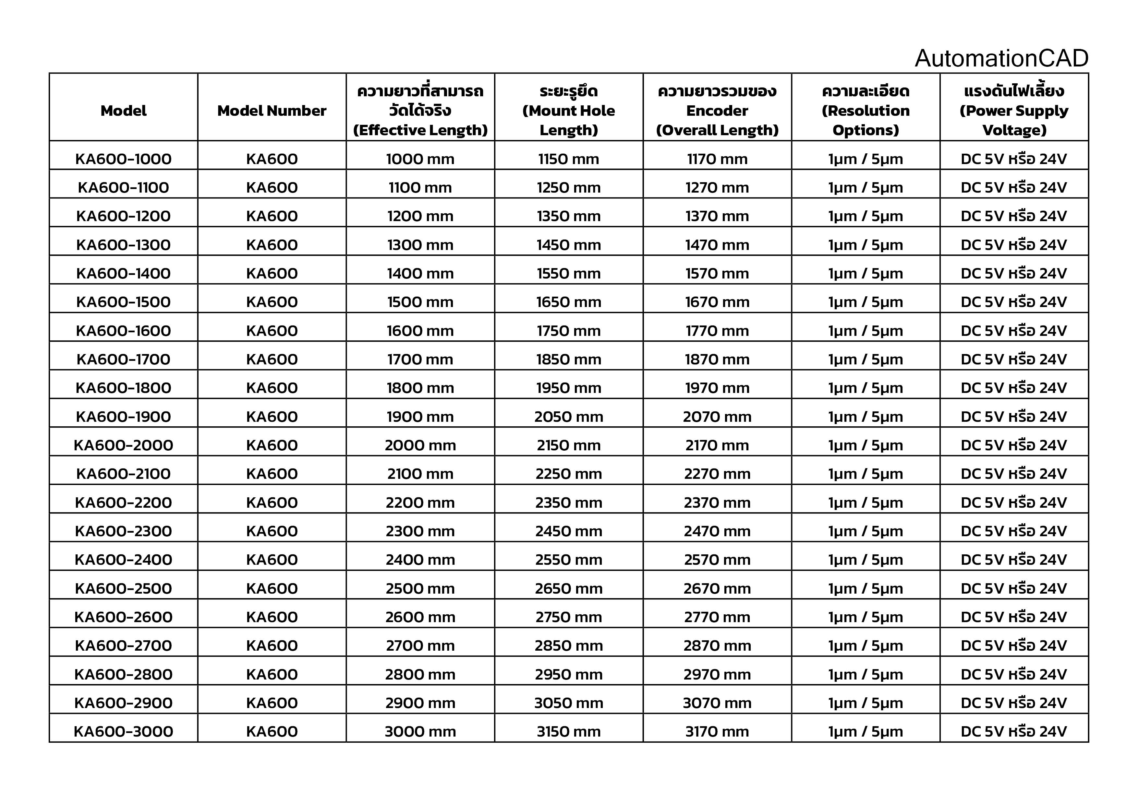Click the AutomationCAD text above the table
coord(1001,58)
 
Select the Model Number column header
coord(272,111)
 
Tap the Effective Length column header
coord(420,111)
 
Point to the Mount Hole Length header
coord(568,111)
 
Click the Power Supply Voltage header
coord(1014,111)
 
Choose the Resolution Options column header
coord(866,111)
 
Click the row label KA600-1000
coord(123,159)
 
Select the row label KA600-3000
coord(123,731)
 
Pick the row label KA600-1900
coord(123,417)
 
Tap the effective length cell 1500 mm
coord(420,302)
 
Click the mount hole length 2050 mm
coord(568,417)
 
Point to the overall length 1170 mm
coord(717,159)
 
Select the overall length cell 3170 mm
coord(717,731)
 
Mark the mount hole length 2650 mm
coord(568,588)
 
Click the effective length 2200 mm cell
coord(420,502)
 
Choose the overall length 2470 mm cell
coord(717,531)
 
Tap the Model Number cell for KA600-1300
coord(272,245)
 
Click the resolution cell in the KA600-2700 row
coord(866,645)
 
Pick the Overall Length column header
coord(717,111)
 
